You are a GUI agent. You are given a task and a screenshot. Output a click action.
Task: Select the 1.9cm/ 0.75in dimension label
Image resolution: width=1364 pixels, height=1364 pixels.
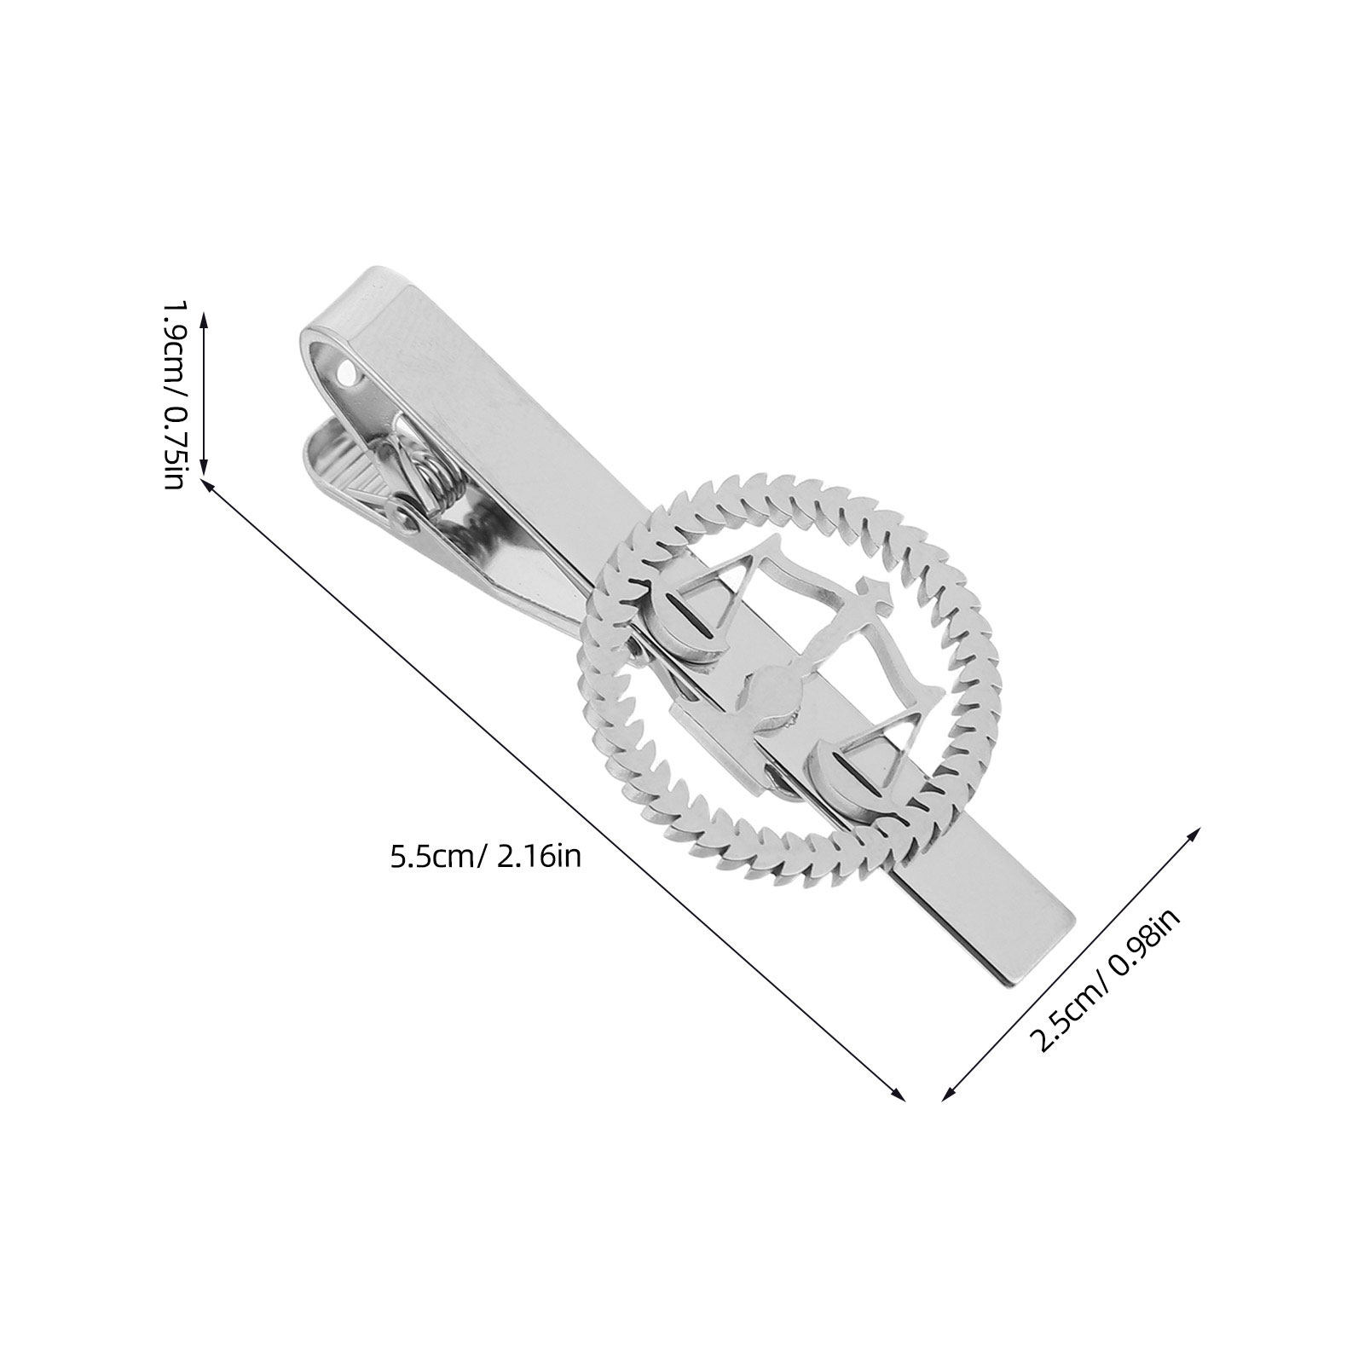[173, 393]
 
